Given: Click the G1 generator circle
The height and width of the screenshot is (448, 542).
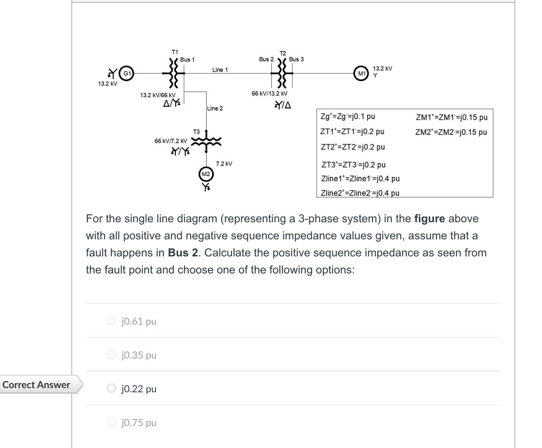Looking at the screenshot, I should [x=127, y=74].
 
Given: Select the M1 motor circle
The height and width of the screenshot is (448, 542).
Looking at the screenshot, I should [x=362, y=74].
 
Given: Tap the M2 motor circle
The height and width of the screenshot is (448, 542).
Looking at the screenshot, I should [x=206, y=174].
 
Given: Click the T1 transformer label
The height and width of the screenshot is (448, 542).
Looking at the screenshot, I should [x=175, y=52].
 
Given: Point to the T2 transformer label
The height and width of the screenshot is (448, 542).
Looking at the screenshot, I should [x=283, y=53].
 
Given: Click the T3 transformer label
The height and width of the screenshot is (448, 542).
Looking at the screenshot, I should [x=196, y=132].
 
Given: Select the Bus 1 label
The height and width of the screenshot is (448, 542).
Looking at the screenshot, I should [x=187, y=60].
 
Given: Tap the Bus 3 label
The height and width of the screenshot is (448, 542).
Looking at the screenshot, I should [x=296, y=59].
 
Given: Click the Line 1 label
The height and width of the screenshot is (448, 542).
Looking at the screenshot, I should [x=220, y=70].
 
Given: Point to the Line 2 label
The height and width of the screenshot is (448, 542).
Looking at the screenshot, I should [x=215, y=108].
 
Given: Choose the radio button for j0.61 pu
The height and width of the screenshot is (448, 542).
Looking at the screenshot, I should [x=111, y=320].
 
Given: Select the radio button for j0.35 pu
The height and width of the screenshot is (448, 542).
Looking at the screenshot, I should [x=111, y=354].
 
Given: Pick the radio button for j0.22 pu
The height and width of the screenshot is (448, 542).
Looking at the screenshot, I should [x=111, y=388].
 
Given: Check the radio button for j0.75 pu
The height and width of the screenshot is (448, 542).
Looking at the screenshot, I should [x=111, y=422].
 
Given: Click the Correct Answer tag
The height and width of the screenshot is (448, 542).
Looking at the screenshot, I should [x=37, y=385].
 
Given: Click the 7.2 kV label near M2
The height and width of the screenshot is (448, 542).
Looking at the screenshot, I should [x=224, y=164].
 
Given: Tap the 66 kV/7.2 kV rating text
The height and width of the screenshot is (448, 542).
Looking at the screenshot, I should [x=171, y=141].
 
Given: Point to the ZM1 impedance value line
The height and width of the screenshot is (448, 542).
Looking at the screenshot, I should [x=452, y=117].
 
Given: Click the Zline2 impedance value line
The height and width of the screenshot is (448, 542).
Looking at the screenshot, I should [x=360, y=193].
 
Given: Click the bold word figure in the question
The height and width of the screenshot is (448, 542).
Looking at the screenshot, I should [x=429, y=219].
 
